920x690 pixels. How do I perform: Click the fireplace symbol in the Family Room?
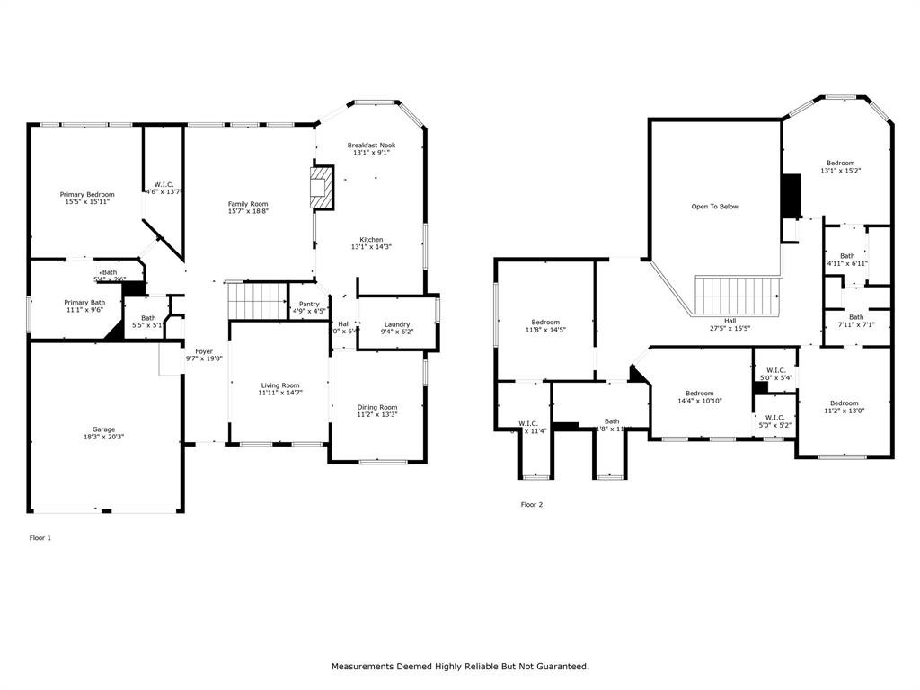point(321,188)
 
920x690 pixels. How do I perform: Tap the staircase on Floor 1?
point(256,300)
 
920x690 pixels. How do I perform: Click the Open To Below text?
point(714,207)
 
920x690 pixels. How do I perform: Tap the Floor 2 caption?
point(532,505)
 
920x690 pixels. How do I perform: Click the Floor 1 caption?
point(40,538)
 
